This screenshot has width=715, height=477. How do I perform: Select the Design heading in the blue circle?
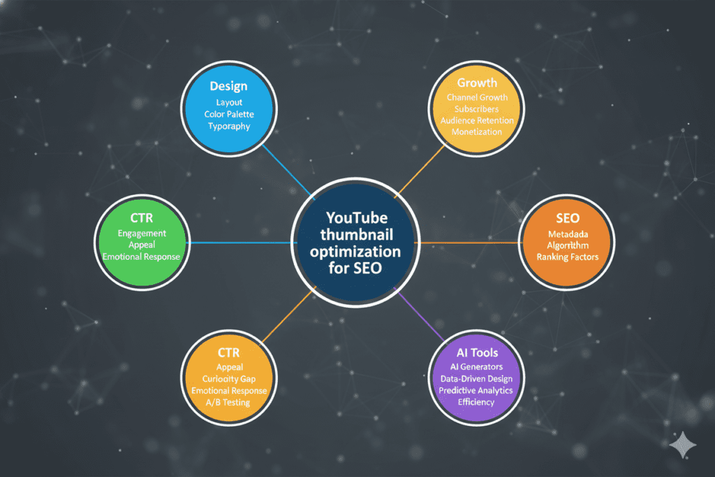228,87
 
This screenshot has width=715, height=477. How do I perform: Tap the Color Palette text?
228,114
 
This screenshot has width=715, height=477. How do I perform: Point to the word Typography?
228,126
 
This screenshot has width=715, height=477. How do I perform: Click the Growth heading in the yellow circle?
476,82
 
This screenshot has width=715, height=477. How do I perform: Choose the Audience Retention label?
476,120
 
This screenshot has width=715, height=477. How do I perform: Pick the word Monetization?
476,132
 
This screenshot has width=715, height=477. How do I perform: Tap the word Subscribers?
476,109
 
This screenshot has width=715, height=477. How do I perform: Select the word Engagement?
142,233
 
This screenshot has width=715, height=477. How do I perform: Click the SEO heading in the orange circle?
567,219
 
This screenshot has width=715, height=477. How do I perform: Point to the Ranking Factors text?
567,257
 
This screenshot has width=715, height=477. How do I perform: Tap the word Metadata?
567,233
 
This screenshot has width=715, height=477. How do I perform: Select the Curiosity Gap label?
230,379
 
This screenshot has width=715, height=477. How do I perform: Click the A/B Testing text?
230,403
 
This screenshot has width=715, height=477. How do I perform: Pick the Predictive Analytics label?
476,390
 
